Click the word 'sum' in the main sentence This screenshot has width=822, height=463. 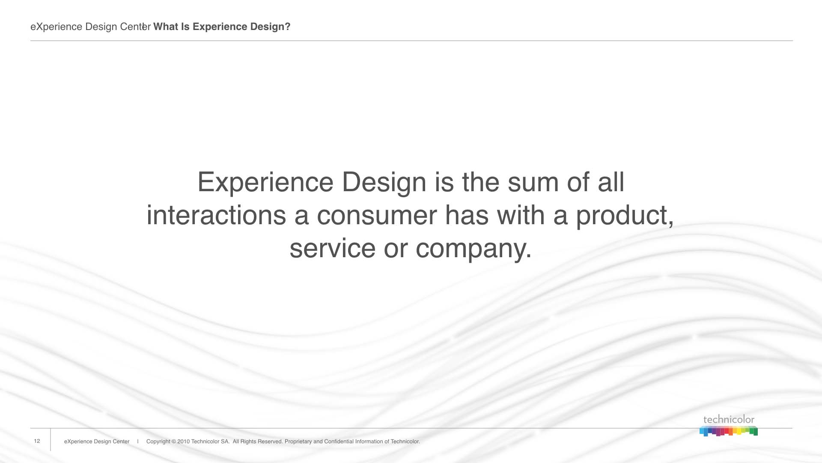[533, 183]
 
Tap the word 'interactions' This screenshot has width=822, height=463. [216, 215]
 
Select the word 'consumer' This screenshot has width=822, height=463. [377, 216]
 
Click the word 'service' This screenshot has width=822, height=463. [333, 249]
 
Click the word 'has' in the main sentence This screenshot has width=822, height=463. [467, 215]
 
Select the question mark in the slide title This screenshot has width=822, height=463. [288, 27]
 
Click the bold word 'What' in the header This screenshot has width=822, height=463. [165, 27]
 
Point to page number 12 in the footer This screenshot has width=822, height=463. [37, 441]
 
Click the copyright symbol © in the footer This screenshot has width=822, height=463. [174, 442]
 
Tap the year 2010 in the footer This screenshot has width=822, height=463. [183, 442]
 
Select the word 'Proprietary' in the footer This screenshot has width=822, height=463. [298, 442]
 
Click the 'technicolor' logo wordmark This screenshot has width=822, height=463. [729, 420]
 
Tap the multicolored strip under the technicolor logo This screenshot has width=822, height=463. [729, 431]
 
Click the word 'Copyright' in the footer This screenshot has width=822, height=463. [158, 442]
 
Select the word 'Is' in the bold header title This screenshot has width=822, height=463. [185, 27]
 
